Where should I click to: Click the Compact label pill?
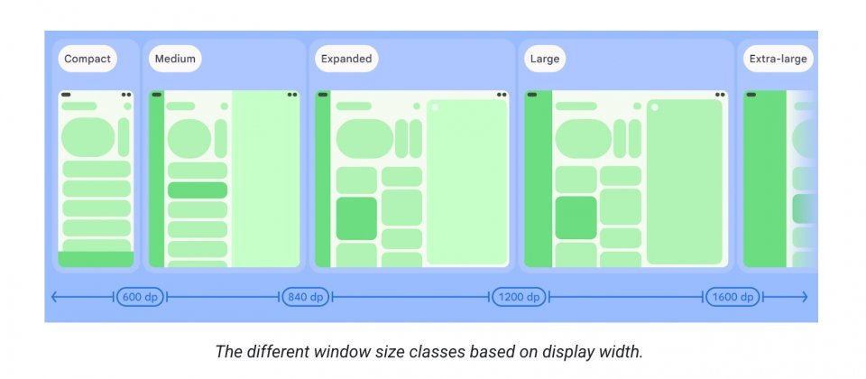tap(88, 60)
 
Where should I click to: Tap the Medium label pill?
tap(175, 60)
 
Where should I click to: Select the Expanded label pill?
tap(346, 60)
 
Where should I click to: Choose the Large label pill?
tap(545, 60)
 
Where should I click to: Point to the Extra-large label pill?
tap(778, 60)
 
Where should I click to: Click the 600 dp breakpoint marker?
tap(140, 297)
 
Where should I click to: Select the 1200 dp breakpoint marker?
tap(520, 297)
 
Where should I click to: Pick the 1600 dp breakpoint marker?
tap(733, 297)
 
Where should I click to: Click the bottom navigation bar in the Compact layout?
tap(96, 259)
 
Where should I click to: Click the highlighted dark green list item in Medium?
tap(198, 190)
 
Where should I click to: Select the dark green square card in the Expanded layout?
tap(356, 218)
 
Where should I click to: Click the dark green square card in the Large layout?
tap(576, 217)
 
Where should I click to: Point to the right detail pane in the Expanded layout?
tap(466, 181)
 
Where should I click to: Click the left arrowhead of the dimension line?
tap(54, 297)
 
